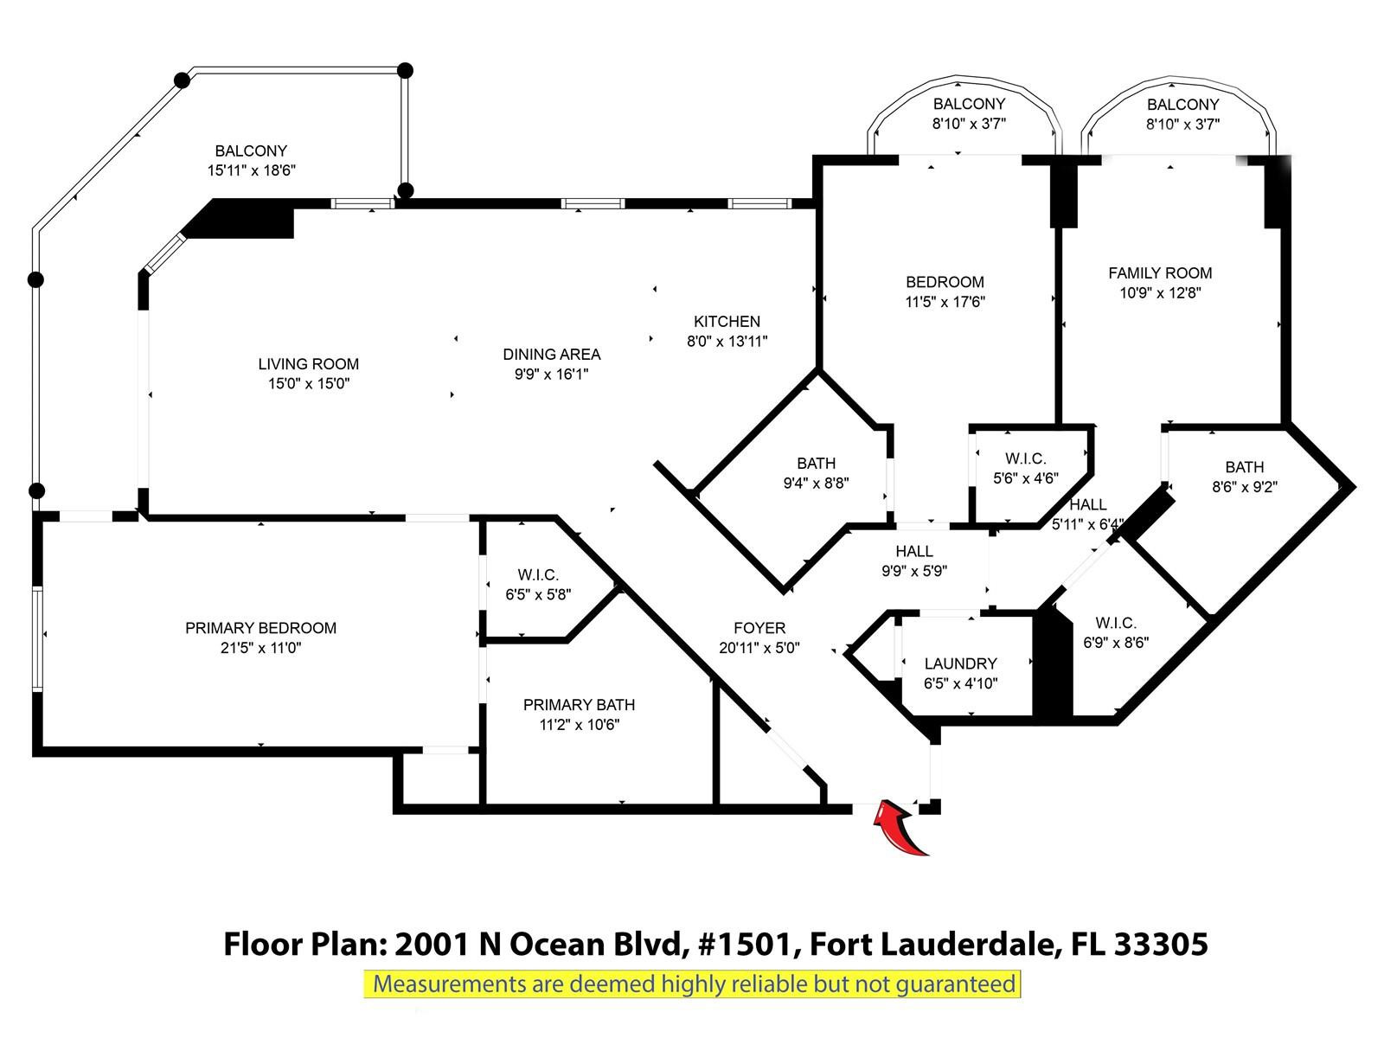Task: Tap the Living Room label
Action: point(308,364)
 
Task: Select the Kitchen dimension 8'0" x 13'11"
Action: point(727,342)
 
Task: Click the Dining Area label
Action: point(551,354)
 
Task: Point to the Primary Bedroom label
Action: point(260,628)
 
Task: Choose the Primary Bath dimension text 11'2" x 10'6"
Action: point(579,725)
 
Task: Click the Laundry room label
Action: point(960,663)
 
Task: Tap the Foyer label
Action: point(759,628)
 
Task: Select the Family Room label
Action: point(1159,272)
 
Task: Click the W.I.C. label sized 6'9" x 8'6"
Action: point(1115,623)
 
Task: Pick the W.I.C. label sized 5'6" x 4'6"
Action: point(1025,458)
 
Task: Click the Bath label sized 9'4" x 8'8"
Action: point(816,463)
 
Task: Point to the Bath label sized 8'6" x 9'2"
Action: point(1244,467)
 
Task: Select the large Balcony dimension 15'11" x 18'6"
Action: point(251,171)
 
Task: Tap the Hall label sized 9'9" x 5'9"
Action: point(913,551)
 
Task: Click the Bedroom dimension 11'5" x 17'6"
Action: point(945,302)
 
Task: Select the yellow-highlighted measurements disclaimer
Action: point(693,984)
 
